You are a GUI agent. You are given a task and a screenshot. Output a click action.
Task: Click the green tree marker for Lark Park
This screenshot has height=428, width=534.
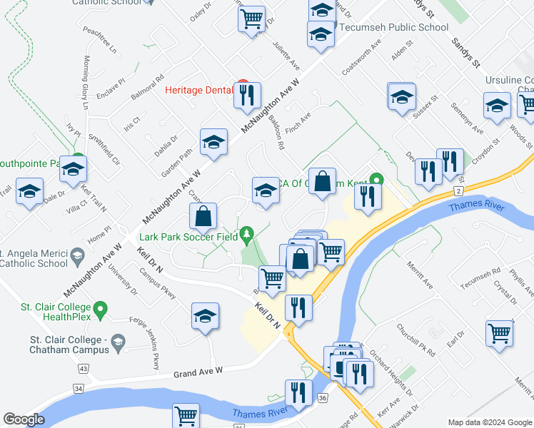(247, 233)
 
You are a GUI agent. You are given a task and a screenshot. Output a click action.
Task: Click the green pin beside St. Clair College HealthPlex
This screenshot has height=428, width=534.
(101, 310)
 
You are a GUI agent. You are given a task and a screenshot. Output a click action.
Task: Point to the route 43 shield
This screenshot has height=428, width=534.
(84, 369)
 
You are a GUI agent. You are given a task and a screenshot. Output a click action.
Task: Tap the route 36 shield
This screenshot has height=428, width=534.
(323, 397)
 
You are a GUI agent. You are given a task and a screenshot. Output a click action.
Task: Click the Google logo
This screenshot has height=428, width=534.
(24, 419)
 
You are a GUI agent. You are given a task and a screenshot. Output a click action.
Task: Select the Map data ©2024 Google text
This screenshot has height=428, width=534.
(490, 422)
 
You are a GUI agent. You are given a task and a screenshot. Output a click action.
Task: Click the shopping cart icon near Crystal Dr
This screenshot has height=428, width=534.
(499, 333)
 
